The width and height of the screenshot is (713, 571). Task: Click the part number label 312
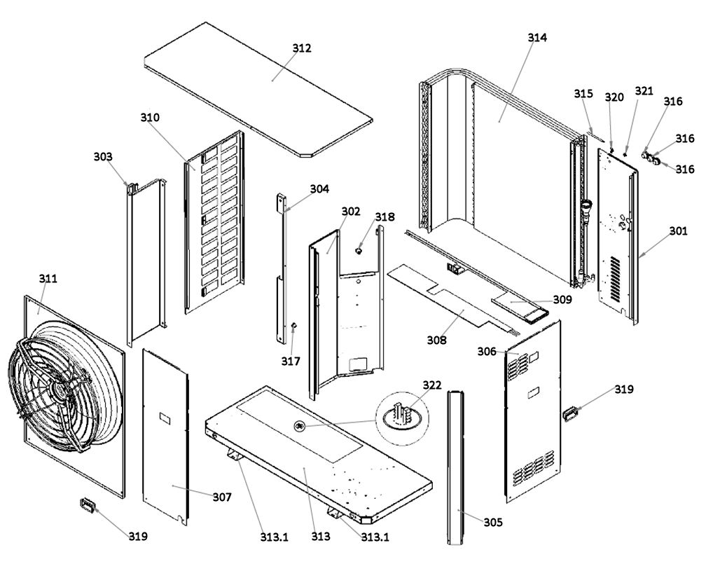click(x=302, y=48)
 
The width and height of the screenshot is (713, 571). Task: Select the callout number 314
click(x=537, y=37)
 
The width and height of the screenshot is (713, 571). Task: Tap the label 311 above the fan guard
click(x=48, y=278)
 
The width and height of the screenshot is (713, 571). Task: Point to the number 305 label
click(x=493, y=522)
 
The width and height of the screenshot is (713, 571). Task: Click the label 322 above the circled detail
click(x=432, y=385)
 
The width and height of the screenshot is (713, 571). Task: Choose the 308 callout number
click(x=436, y=340)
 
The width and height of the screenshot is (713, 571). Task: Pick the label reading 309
click(x=562, y=299)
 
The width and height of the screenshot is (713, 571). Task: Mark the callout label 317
click(x=291, y=361)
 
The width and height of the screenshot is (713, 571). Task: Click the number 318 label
click(x=385, y=216)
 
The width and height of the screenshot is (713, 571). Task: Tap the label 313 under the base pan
click(x=321, y=537)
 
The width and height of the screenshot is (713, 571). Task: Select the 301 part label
click(x=679, y=231)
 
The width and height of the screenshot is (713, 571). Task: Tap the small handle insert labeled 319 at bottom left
click(x=86, y=504)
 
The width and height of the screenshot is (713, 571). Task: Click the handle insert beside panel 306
click(x=569, y=414)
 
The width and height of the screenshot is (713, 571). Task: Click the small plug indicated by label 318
click(x=359, y=250)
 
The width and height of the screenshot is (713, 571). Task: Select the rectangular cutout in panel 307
click(x=165, y=418)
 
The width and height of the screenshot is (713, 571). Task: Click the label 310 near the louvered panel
click(x=150, y=118)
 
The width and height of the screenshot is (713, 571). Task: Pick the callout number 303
click(x=103, y=156)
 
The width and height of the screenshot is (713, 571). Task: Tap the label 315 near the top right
click(x=583, y=93)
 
